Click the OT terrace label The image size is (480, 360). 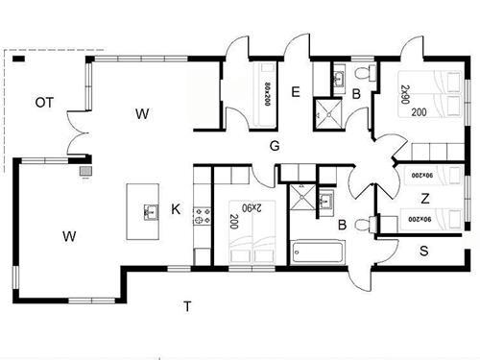pos(44,103)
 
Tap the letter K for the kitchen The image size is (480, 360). pos(176,209)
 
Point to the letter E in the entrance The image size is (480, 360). pos(296,92)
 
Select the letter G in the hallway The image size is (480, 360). pos(275,146)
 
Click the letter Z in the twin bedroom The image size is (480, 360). pos(425,199)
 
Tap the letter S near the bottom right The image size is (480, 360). pos(424,251)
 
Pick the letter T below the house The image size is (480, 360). pos(187,306)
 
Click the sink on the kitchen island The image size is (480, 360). pos(151,212)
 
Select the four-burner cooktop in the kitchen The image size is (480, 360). pos(203,216)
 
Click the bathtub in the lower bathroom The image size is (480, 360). pos(319,252)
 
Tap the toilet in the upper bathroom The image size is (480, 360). pos(366,73)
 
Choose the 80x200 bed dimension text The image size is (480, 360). pos(268,94)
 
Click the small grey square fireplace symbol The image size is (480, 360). pos(85,171)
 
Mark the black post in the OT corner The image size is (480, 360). pos(18,59)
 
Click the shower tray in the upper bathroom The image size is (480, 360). pos(328,114)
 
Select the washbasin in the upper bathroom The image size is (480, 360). pos(339,78)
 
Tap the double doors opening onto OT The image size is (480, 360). pos(78,132)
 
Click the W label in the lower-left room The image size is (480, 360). pos(69,236)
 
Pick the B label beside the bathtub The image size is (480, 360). pos(343,225)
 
